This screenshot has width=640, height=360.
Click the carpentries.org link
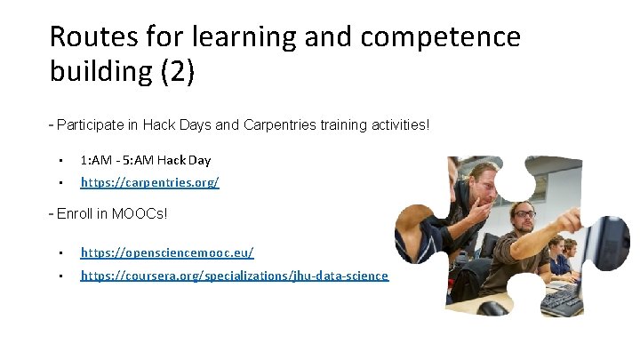149,182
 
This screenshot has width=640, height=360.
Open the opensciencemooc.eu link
167,253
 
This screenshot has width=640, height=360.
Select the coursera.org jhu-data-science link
234,276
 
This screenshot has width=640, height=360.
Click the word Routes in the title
89,37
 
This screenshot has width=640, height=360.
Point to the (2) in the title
177,72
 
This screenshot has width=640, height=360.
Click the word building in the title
100,72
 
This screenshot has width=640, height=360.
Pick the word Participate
91,124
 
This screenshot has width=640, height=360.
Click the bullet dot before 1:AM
60,161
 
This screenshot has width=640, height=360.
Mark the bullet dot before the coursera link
60,276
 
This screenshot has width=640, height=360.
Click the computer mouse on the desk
494,308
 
